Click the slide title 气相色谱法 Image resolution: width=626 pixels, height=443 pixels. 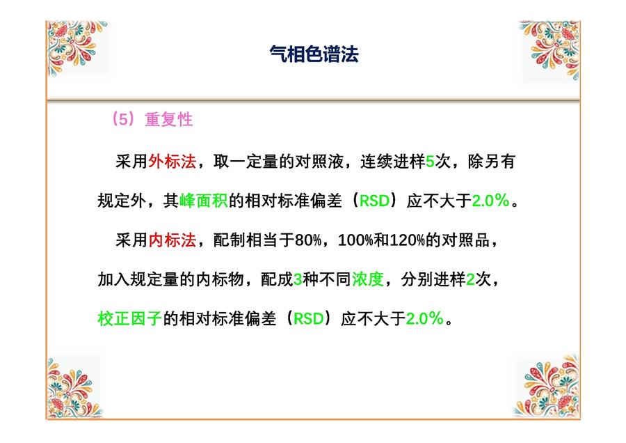(x=314, y=54)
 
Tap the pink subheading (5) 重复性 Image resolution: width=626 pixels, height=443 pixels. (x=152, y=119)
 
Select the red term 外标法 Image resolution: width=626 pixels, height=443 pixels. (x=172, y=162)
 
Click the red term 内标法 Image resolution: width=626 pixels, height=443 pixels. (x=172, y=240)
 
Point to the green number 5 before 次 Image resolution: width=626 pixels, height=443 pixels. (x=430, y=162)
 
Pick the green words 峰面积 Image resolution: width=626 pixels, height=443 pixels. (x=204, y=201)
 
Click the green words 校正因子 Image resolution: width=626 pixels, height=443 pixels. (x=130, y=318)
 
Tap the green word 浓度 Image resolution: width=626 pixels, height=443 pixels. (x=368, y=279)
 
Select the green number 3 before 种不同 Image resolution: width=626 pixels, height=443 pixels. (x=298, y=279)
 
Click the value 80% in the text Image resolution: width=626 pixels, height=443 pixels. (x=308, y=240)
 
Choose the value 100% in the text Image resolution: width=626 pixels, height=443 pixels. (x=355, y=240)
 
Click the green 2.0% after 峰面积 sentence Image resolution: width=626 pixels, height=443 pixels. (x=490, y=201)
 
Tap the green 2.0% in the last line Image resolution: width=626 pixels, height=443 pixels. (x=425, y=318)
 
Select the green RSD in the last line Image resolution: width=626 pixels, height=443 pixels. (x=308, y=319)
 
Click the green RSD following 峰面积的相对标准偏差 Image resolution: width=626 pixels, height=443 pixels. (x=374, y=201)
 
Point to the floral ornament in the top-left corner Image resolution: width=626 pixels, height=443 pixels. (x=77, y=47)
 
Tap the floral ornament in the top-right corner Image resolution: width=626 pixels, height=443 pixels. (x=550, y=49)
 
